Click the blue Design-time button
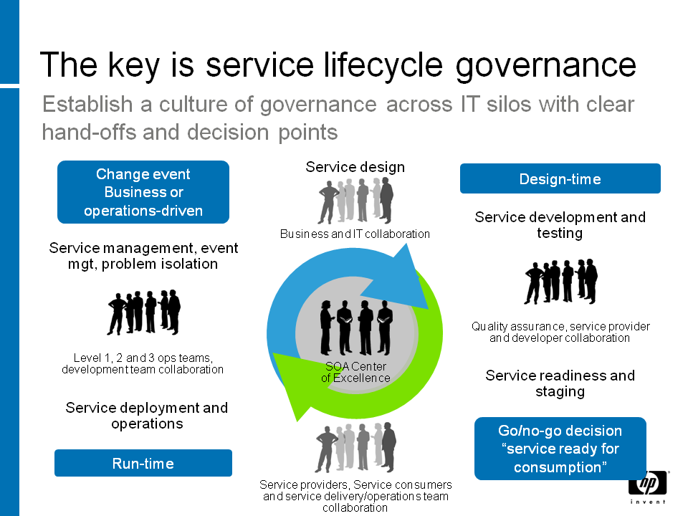560,178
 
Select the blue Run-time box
143,463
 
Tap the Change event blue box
143,192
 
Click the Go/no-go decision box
560,449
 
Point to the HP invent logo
648,487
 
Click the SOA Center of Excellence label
355,372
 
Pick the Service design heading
355,167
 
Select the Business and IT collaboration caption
355,234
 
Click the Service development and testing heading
560,224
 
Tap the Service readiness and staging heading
560,383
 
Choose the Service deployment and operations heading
146,416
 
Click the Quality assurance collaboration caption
560,332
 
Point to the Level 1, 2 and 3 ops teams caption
143,364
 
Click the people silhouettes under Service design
355,200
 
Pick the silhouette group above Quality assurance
560,281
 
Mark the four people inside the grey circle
356,328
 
